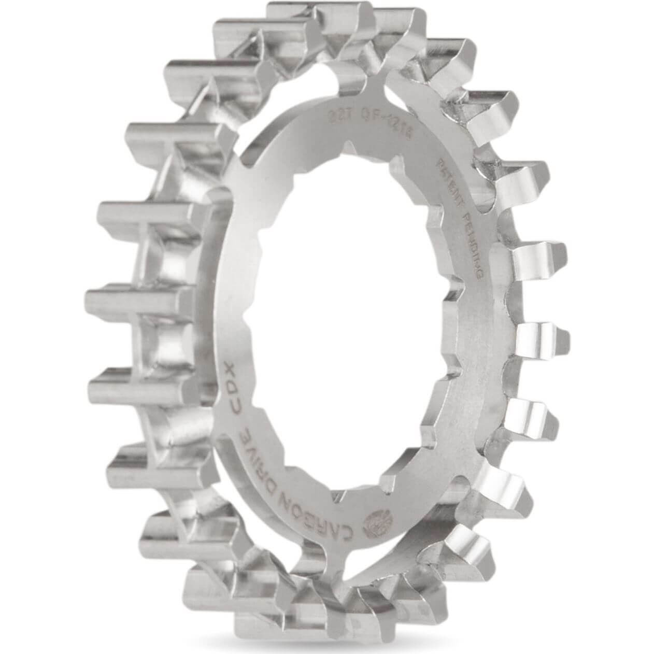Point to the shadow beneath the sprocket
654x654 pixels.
332,640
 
